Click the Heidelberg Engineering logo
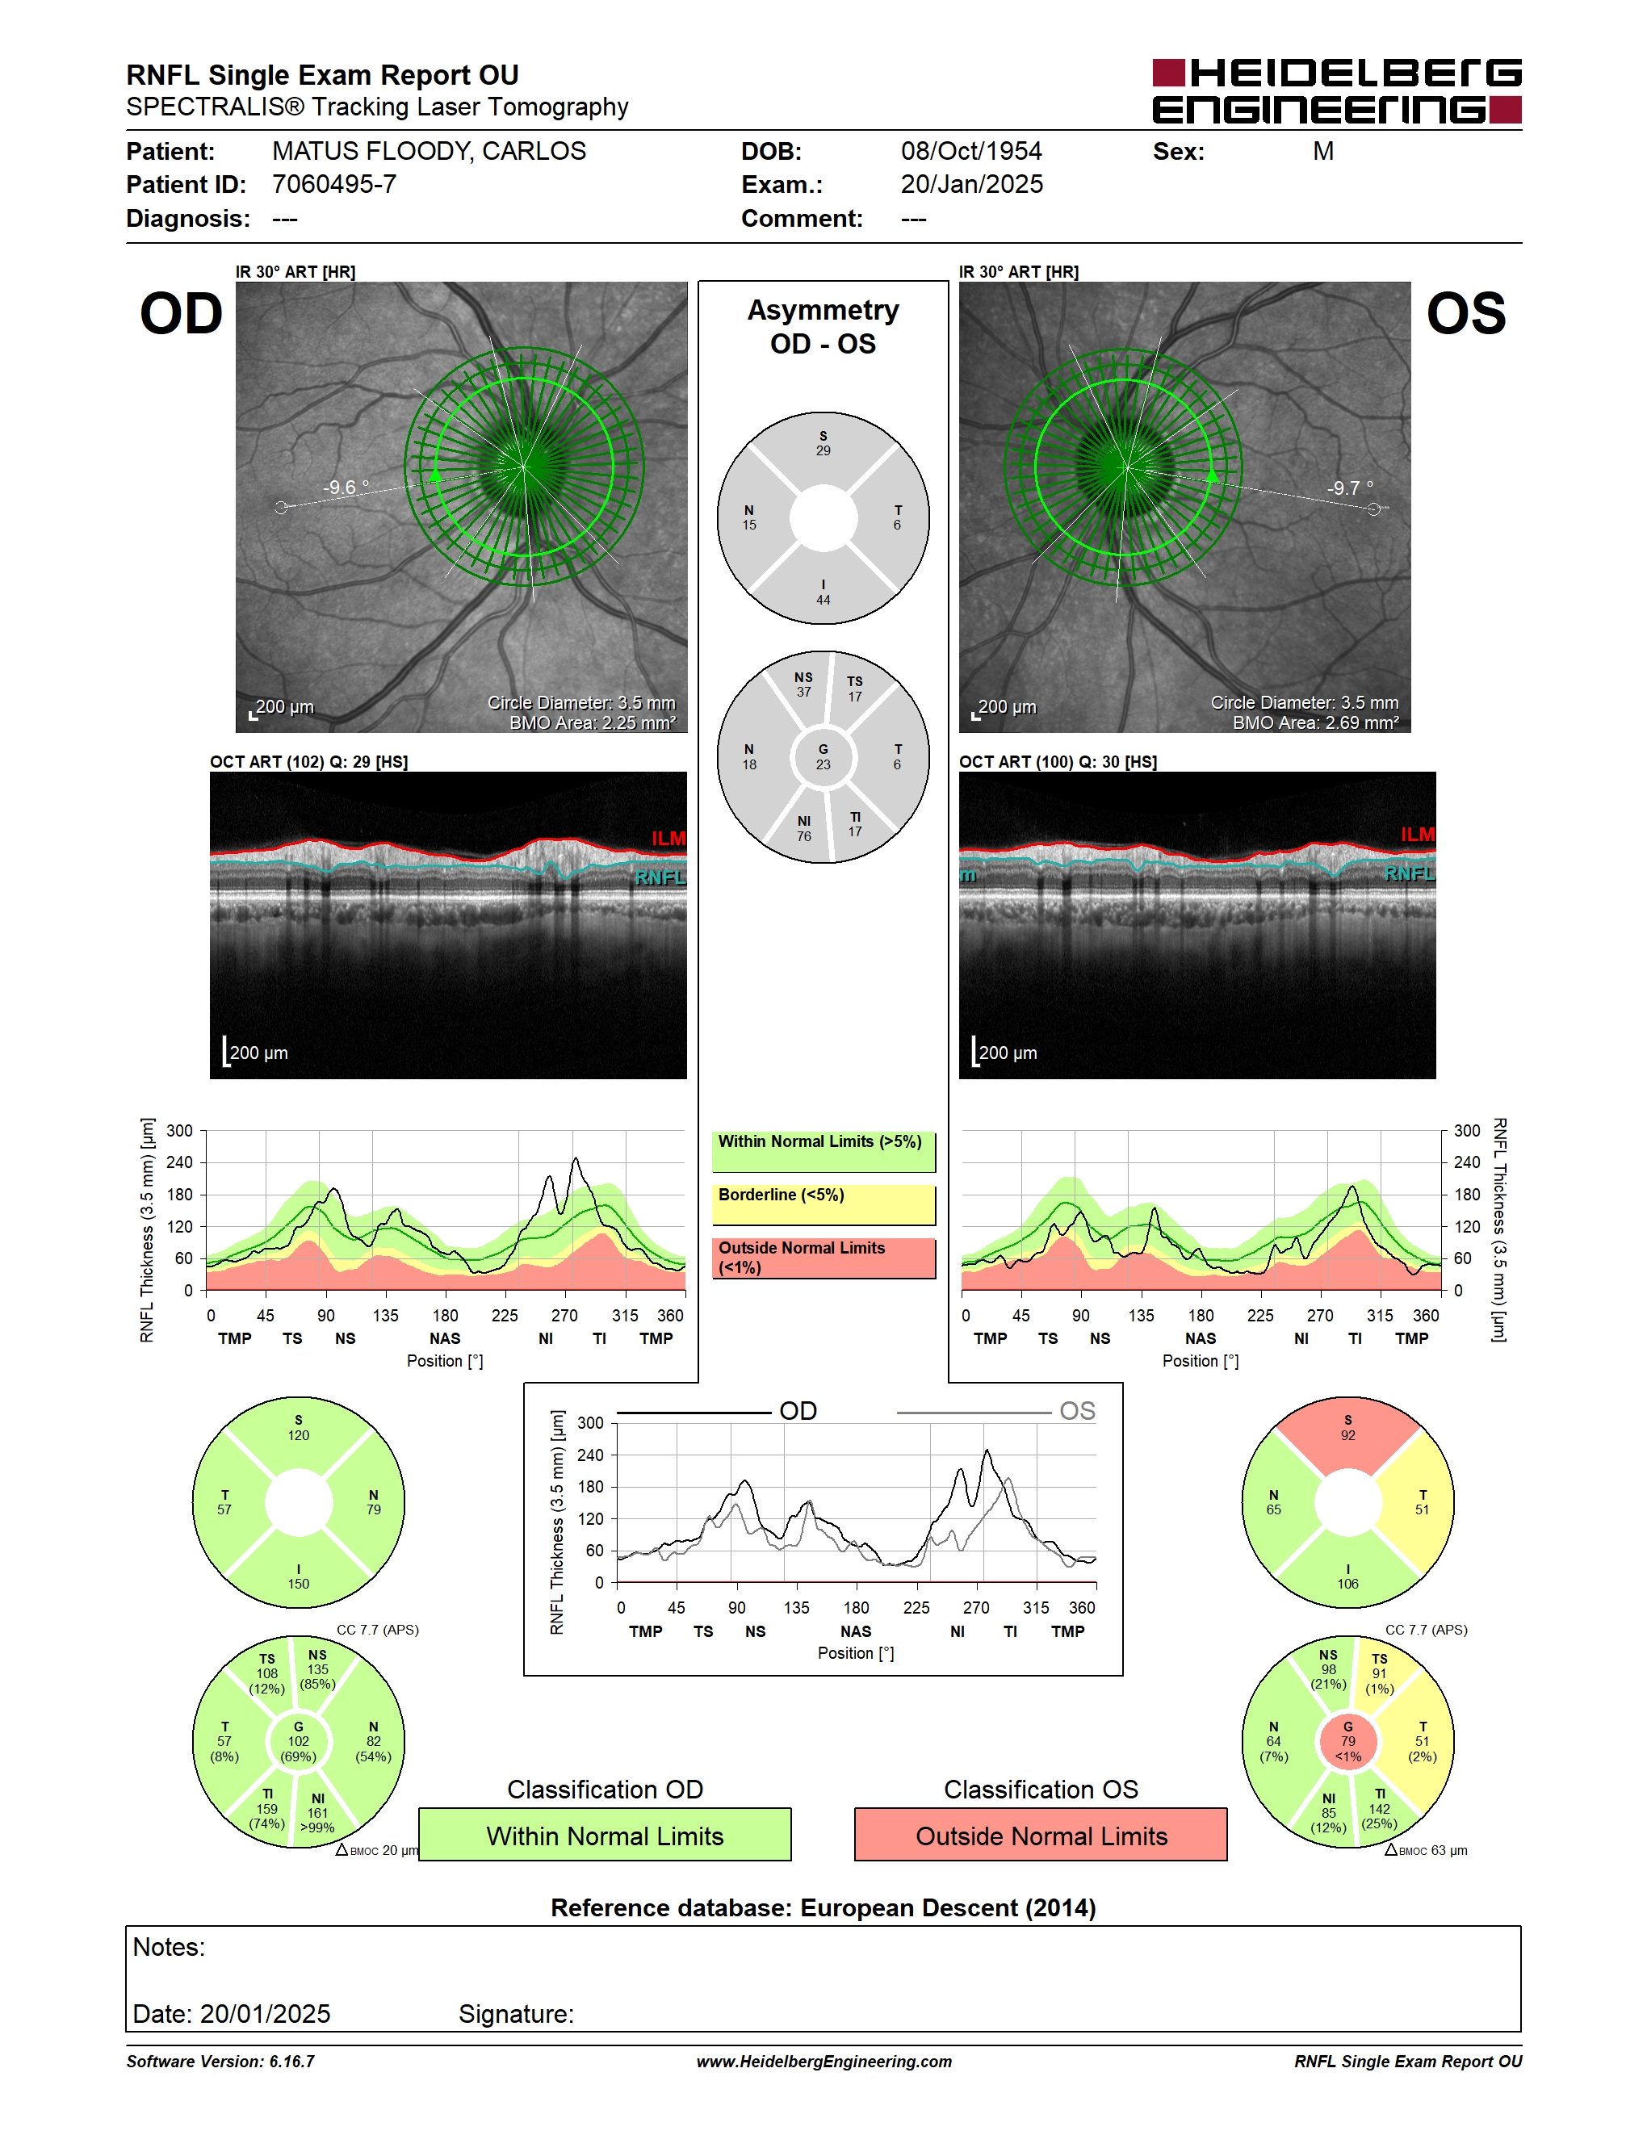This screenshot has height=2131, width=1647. click(x=1337, y=90)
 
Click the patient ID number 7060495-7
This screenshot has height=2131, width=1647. click(x=333, y=184)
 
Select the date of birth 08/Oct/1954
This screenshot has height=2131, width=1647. click(x=970, y=151)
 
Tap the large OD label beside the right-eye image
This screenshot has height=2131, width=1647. click(x=182, y=313)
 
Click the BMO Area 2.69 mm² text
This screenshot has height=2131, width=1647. click(x=1314, y=723)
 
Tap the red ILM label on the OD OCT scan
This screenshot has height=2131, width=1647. click(x=668, y=838)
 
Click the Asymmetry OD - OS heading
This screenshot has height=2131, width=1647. click(x=823, y=327)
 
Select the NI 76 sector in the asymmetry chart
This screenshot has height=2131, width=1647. click(x=804, y=829)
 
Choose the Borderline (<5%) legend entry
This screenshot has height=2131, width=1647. click(x=823, y=1205)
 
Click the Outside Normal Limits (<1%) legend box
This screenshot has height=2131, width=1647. click(x=823, y=1258)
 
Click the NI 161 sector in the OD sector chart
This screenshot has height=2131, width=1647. click(x=317, y=1813)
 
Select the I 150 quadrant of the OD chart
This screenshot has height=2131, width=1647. click(x=299, y=1573)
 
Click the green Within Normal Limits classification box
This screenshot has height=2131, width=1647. click(x=605, y=1835)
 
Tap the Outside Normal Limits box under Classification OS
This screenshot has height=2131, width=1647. click(x=1041, y=1835)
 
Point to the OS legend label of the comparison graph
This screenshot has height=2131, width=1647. click(x=1077, y=1411)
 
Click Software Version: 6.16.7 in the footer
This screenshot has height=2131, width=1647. click(x=220, y=2062)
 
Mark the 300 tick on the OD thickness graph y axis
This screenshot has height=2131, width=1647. click(x=179, y=1131)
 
